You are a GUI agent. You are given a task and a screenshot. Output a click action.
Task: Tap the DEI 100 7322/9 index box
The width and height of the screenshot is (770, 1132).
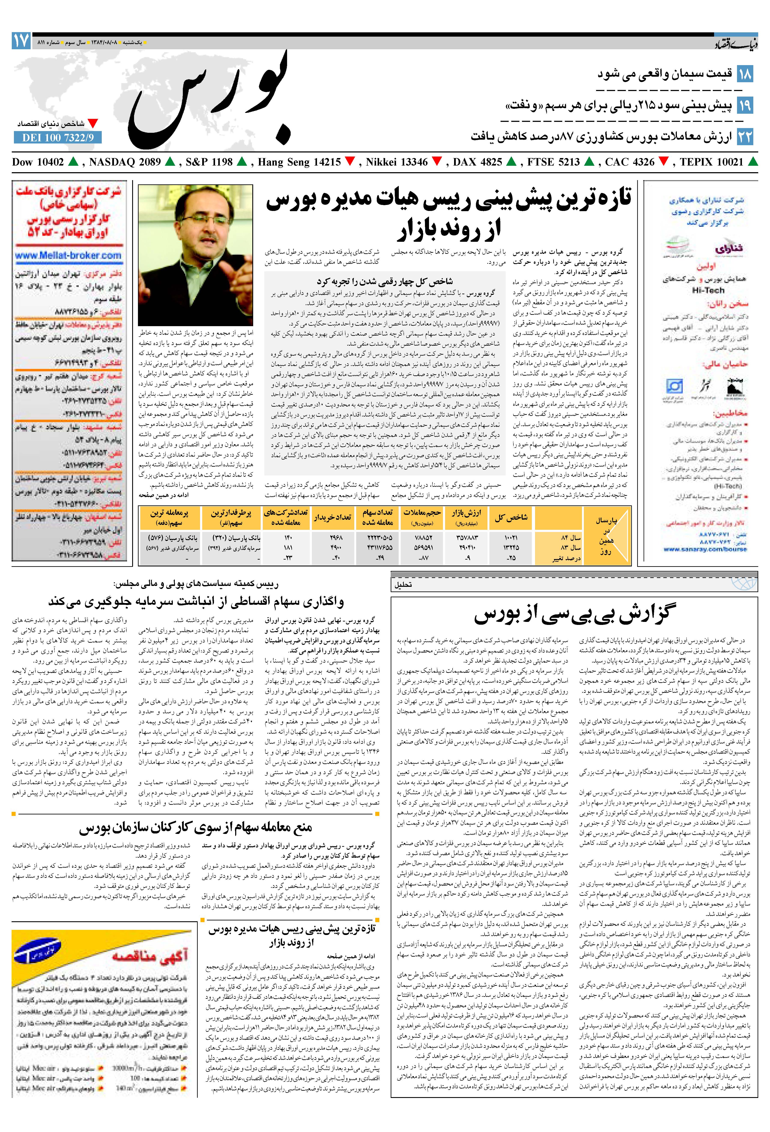click(x=58, y=138)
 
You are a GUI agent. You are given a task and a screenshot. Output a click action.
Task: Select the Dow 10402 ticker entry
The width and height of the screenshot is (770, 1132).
click(x=38, y=162)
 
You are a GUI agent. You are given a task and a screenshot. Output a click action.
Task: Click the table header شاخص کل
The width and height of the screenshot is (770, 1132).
click(x=511, y=518)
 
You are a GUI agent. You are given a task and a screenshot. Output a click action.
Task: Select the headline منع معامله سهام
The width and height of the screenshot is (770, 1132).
click(x=196, y=827)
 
